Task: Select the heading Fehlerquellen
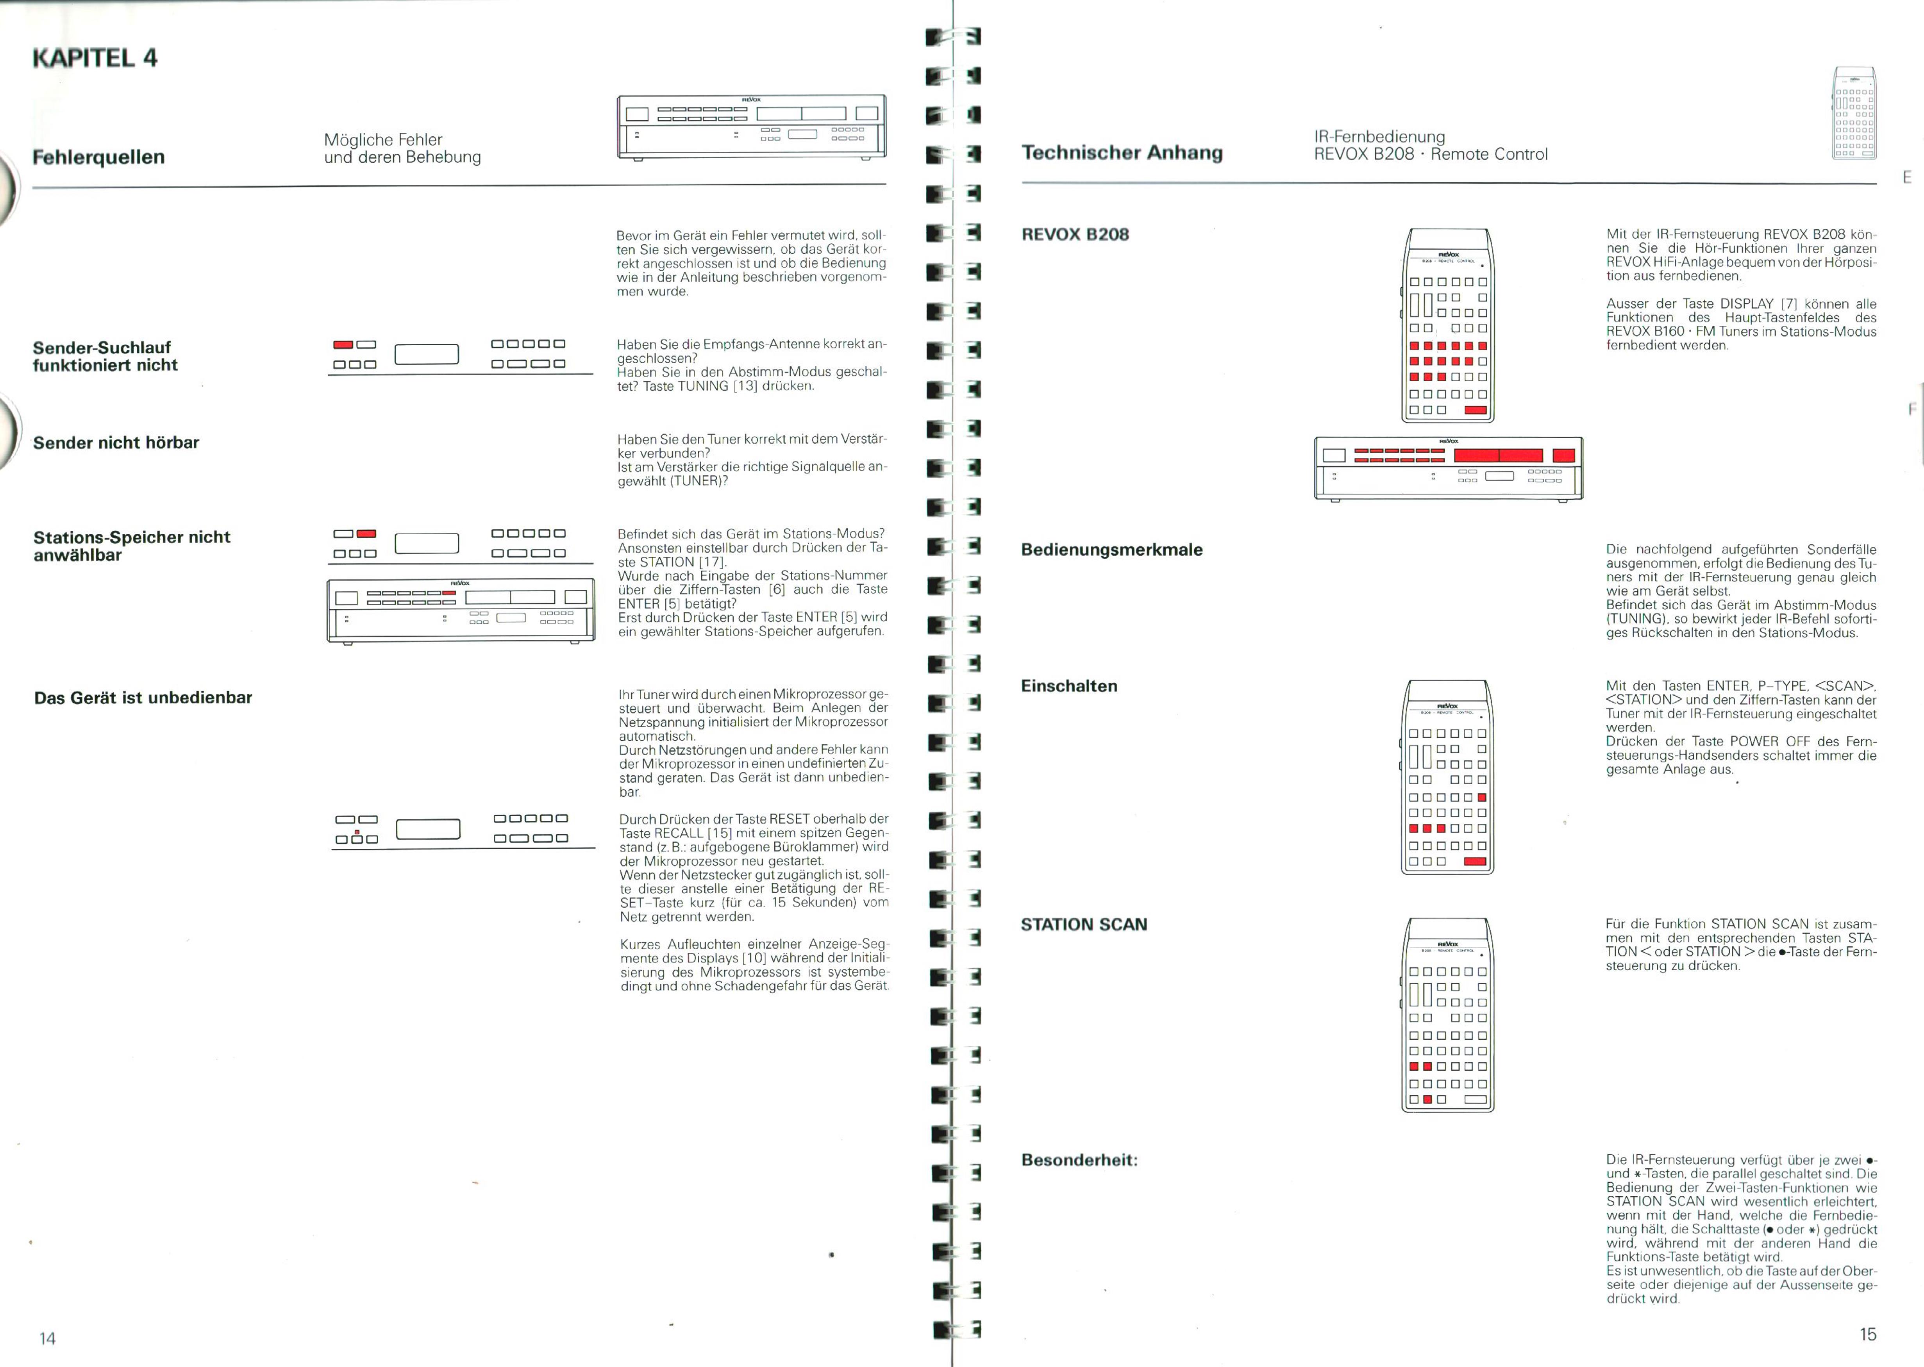(98, 157)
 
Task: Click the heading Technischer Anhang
(1122, 152)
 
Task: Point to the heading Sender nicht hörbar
(116, 443)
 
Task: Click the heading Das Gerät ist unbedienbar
(143, 698)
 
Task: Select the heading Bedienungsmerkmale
(1111, 550)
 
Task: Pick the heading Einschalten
(1069, 686)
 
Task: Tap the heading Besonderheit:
(1079, 1160)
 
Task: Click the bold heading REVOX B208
(1075, 234)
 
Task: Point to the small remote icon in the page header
(1854, 113)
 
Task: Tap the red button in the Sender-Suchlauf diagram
(343, 344)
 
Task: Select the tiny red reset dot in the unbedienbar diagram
(357, 832)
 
